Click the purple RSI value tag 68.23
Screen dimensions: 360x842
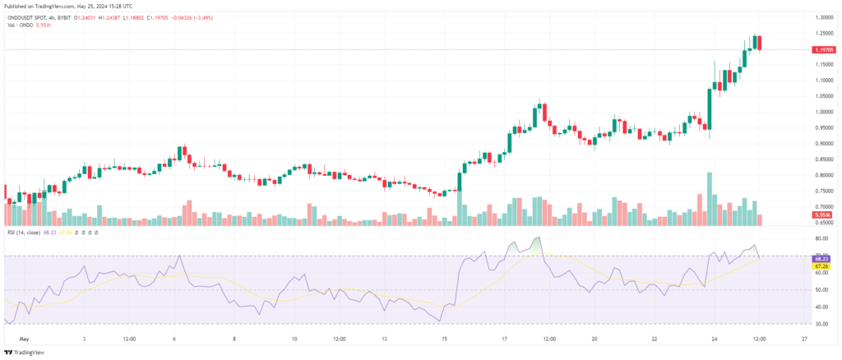tap(820, 258)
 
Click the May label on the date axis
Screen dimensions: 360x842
tap(25, 338)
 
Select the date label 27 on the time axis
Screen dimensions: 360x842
tap(803, 338)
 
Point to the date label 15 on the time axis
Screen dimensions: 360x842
tap(444, 338)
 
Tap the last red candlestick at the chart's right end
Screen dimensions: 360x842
tap(760, 43)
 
